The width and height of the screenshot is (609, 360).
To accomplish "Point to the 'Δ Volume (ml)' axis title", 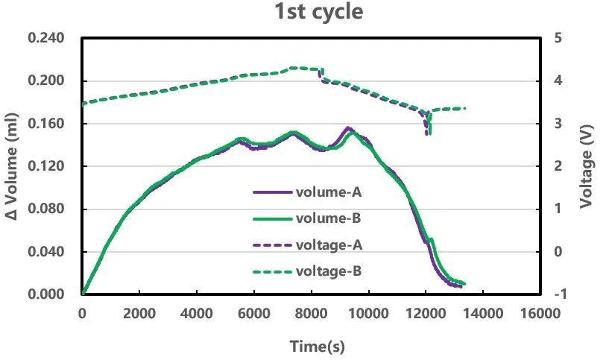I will pyautogui.click(x=12, y=165).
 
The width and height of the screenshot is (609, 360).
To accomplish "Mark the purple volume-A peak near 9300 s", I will pyautogui.click(x=348, y=128).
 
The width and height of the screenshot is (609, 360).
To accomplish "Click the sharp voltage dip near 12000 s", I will pyautogui.click(x=427, y=132).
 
